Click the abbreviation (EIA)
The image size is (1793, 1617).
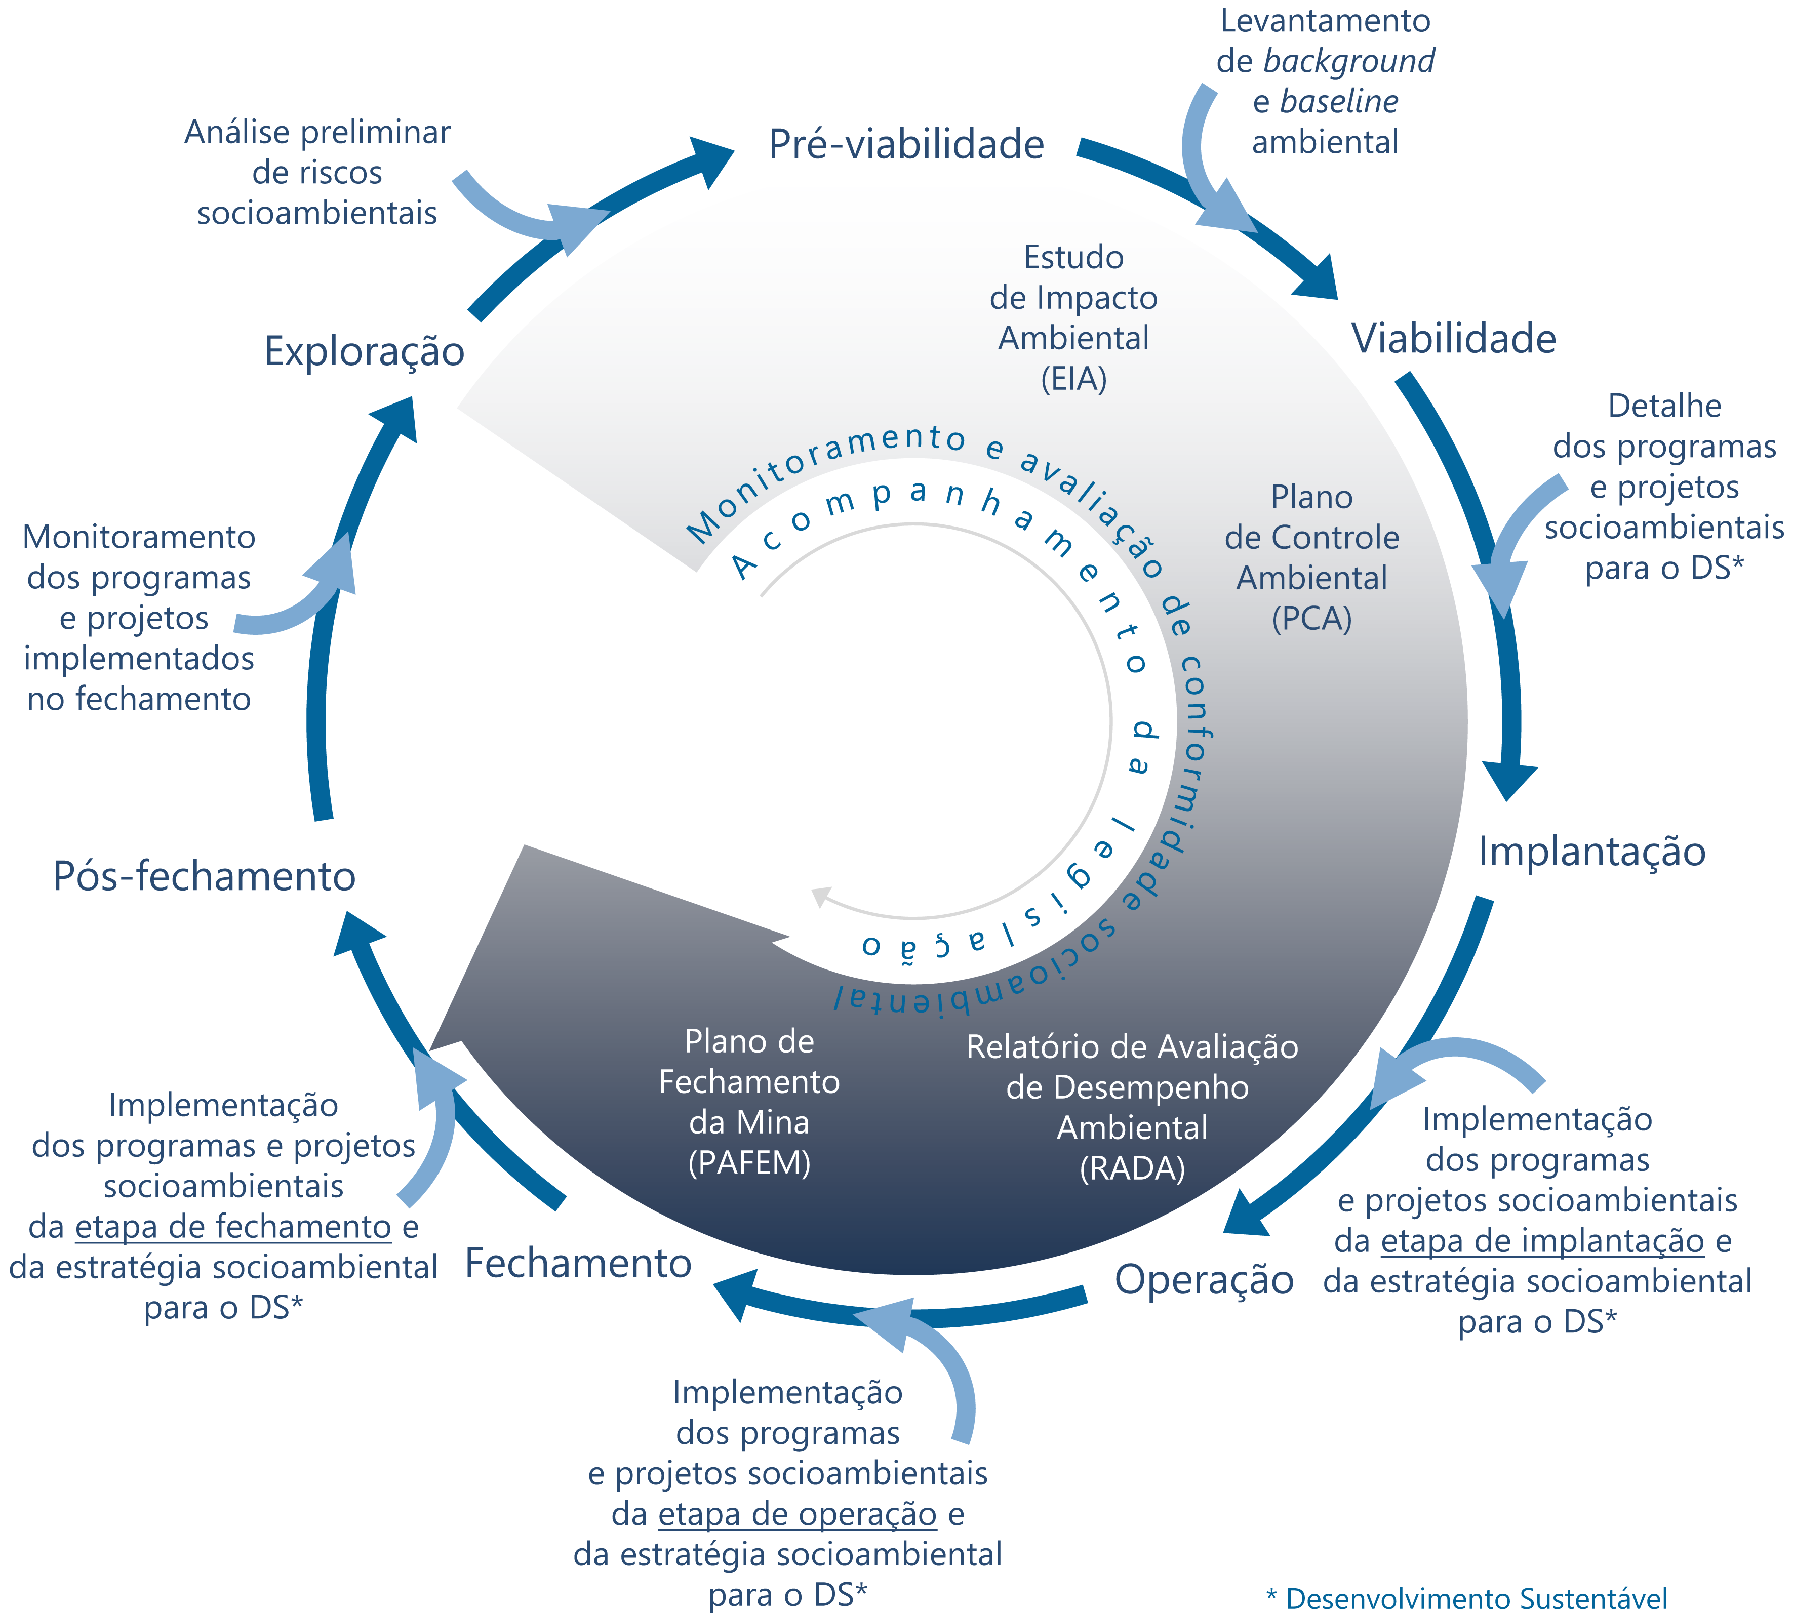tap(1073, 379)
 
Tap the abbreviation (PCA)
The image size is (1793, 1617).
tap(1311, 618)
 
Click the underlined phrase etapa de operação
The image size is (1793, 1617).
tap(797, 1514)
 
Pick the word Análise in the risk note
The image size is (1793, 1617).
tap(236, 132)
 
